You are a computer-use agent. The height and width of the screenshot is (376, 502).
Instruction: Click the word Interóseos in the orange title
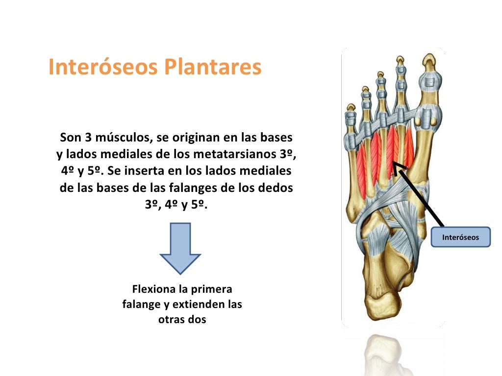pos(104,68)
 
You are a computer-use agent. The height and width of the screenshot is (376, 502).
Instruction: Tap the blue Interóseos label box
pos(460,237)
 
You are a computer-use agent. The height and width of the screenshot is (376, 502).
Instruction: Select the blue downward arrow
pos(180,248)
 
